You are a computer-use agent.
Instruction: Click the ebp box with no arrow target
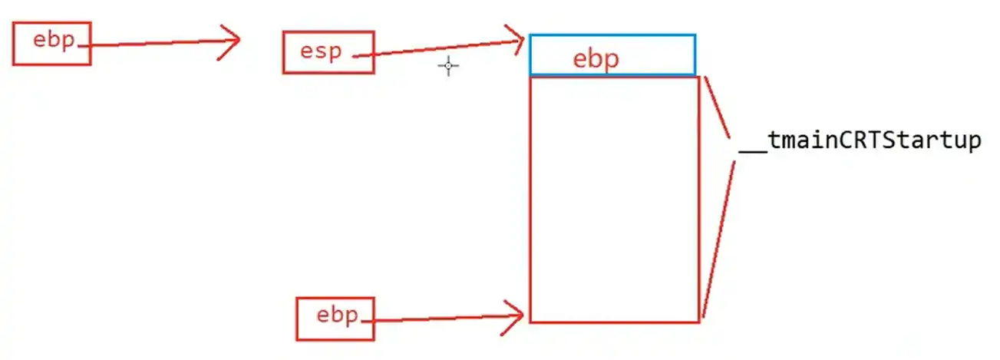[51, 43]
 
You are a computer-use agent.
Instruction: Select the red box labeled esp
[328, 52]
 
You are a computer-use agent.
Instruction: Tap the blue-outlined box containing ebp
[612, 55]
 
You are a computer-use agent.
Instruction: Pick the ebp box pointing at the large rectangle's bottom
[335, 318]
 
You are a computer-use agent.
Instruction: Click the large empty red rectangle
[614, 200]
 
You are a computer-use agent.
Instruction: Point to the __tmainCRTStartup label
[860, 142]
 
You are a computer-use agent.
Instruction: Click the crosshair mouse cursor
[448, 66]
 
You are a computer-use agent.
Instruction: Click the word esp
[320, 52]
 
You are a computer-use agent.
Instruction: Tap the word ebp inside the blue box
[596, 59]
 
